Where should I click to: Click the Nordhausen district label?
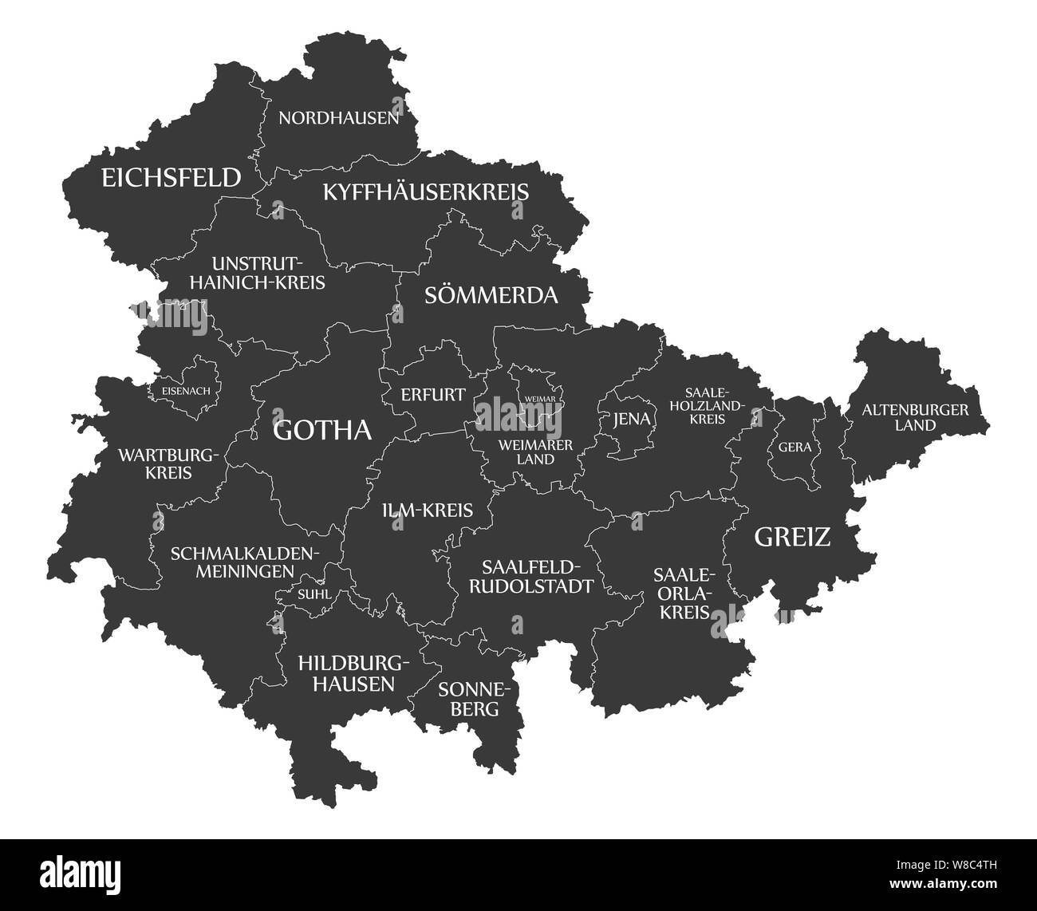(338, 119)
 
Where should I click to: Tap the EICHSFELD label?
(171, 177)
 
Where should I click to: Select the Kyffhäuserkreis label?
(426, 192)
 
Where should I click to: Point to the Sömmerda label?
(491, 295)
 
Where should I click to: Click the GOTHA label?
(322, 431)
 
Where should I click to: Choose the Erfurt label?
(433, 395)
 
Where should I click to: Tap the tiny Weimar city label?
(539, 398)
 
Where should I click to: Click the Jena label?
(632, 420)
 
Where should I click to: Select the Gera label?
(795, 448)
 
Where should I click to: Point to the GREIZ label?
(792, 537)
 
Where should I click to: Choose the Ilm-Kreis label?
(427, 510)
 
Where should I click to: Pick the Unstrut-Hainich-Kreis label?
(268, 272)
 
